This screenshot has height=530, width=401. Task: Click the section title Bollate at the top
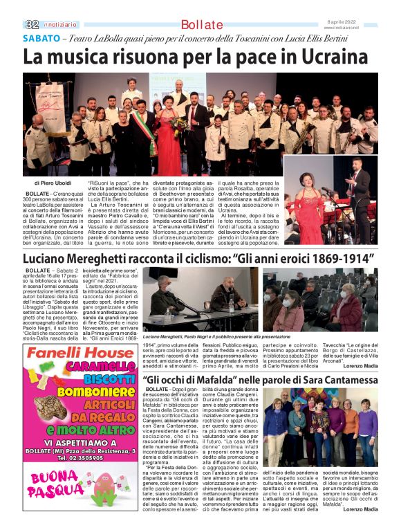click(x=201, y=24)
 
